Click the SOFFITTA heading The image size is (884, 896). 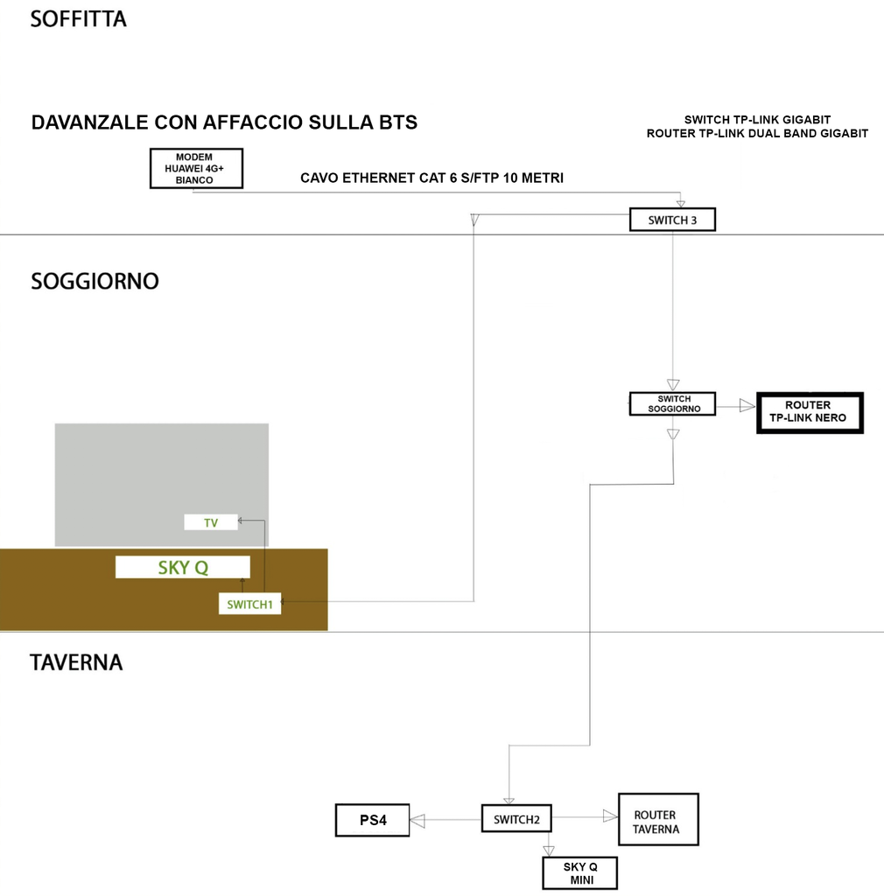click(x=79, y=18)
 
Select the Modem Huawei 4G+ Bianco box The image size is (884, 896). click(x=195, y=169)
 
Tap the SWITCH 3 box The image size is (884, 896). click(x=672, y=220)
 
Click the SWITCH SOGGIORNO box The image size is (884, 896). click(x=672, y=403)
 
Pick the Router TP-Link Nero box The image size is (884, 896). click(x=810, y=413)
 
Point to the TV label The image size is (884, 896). click(x=211, y=522)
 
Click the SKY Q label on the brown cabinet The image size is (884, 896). click(x=183, y=567)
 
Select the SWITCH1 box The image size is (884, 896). click(x=250, y=604)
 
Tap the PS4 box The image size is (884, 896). click(x=373, y=821)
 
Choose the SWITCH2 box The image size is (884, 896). click(x=516, y=819)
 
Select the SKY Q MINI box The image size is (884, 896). click(x=579, y=874)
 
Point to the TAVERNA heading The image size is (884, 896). click(x=76, y=662)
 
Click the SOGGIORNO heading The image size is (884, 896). click(x=95, y=282)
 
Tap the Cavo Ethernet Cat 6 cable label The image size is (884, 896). click(x=431, y=178)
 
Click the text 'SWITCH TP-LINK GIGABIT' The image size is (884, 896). click(x=757, y=119)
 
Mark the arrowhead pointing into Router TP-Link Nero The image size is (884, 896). click(x=746, y=405)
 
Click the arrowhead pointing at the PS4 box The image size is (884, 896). click(x=417, y=821)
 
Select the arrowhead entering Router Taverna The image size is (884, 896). click(x=610, y=815)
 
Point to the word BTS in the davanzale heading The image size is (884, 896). click(x=395, y=122)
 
